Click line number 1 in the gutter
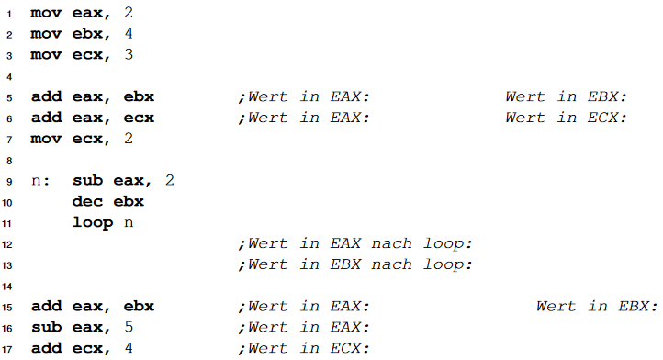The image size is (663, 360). (8, 14)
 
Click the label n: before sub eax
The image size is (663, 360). (41, 180)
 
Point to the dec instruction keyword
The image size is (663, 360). (87, 201)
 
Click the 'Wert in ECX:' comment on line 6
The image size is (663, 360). (567, 118)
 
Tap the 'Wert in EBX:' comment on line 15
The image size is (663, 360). (597, 306)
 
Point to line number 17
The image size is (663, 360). (7, 348)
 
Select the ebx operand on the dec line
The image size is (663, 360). (129, 201)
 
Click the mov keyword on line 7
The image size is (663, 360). (46, 138)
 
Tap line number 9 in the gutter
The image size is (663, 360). (8, 180)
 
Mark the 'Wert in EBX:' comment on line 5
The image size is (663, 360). (567, 96)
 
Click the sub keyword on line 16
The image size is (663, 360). (46, 327)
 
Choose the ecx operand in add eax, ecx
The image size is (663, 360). (139, 118)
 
